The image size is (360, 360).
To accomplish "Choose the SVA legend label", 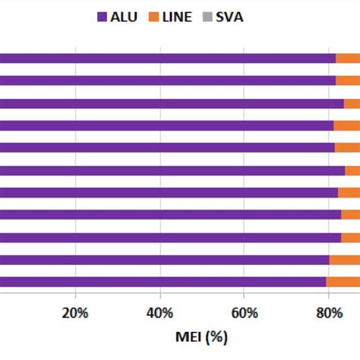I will (x=229, y=16).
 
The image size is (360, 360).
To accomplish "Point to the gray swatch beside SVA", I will (x=207, y=16).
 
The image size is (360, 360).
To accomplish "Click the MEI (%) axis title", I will (x=201, y=335).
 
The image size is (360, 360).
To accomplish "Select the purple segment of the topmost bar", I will (x=167, y=58).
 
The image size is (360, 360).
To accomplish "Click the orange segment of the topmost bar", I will (x=348, y=58).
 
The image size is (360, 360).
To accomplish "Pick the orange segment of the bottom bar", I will (x=343, y=282).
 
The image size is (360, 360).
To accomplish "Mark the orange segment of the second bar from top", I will (x=348, y=81).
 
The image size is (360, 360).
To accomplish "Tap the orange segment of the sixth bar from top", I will (x=352, y=170).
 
